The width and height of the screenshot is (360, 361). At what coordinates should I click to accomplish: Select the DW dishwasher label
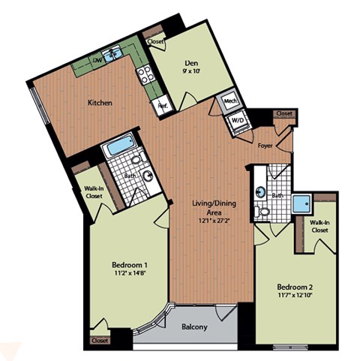click(97, 60)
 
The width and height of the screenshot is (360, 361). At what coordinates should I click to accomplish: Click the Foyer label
click(265, 146)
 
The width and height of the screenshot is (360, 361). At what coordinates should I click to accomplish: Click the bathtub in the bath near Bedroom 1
click(116, 146)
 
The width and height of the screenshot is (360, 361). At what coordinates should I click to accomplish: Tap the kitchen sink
click(113, 53)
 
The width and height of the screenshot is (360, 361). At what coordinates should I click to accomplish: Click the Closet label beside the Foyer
click(284, 113)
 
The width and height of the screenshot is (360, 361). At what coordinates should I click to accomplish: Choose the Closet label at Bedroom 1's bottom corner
click(99, 340)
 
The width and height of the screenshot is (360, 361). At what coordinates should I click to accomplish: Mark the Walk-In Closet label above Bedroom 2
click(320, 226)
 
